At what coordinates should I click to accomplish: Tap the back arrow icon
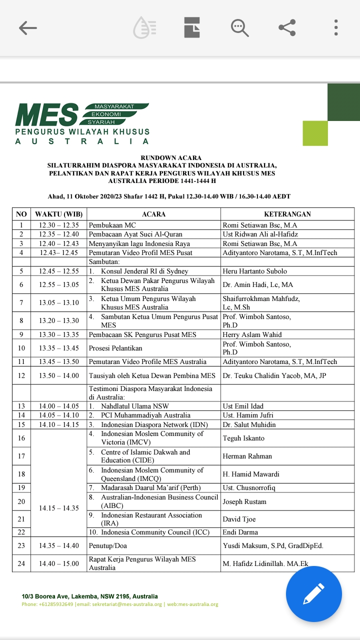pyautogui.click(x=28, y=28)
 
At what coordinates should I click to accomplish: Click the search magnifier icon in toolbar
pyautogui.click(x=239, y=27)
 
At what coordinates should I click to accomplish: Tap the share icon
pyautogui.click(x=287, y=27)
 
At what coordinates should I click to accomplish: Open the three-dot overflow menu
pyautogui.click(x=336, y=27)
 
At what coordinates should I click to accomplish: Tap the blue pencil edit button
pyautogui.click(x=313, y=594)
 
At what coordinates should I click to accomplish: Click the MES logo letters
pyautogui.click(x=47, y=115)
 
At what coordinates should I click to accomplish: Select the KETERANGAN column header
pyautogui.click(x=287, y=214)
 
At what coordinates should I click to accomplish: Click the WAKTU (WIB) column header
pyautogui.click(x=59, y=214)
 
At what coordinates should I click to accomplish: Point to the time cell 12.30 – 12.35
pyautogui.click(x=59, y=225)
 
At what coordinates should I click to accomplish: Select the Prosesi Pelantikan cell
pyautogui.click(x=115, y=348)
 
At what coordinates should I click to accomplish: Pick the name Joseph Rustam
pyautogui.click(x=244, y=501)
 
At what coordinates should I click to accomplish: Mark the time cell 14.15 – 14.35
pyautogui.click(x=59, y=508)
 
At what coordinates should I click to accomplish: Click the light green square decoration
pyautogui.click(x=315, y=133)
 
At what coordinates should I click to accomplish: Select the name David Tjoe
pyautogui.click(x=238, y=519)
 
